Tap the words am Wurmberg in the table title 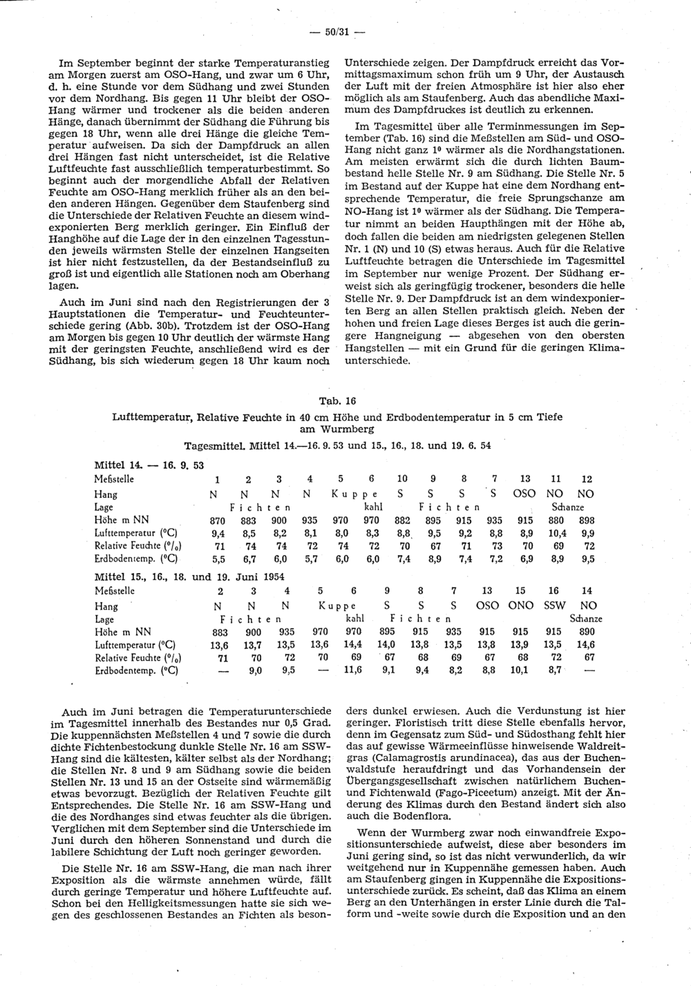[x=337, y=429]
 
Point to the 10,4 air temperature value [x=556, y=533]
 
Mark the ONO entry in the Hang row [x=520, y=606]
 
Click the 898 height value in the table [x=587, y=520]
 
